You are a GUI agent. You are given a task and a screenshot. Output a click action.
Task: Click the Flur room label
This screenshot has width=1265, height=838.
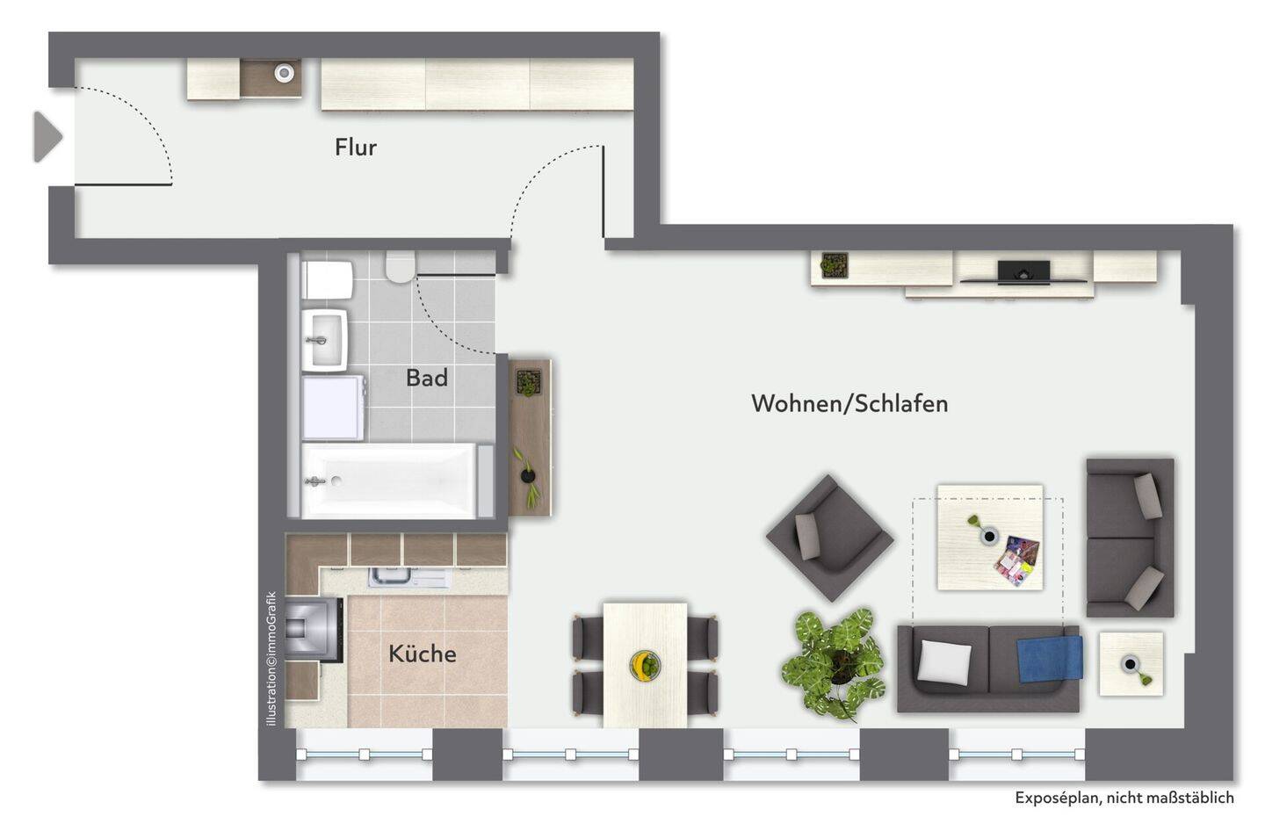point(355,148)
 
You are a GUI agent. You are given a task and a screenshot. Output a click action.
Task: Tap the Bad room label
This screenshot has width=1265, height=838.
point(426,378)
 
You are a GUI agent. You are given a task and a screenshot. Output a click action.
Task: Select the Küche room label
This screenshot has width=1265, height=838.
point(423,654)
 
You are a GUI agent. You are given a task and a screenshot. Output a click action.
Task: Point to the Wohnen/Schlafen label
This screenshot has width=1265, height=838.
point(849,403)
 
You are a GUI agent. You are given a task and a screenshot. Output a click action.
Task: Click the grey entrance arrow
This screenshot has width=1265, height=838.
point(47,137)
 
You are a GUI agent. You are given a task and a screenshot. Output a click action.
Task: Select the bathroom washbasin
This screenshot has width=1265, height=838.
point(324,339)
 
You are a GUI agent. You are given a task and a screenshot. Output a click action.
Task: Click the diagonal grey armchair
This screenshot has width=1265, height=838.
point(829,538)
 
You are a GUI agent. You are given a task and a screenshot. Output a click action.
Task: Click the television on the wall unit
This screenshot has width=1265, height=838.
point(1023,271)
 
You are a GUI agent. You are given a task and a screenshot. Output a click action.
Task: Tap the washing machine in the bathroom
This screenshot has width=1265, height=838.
point(333,408)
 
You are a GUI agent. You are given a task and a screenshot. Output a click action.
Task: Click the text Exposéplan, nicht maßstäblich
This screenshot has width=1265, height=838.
point(1124,798)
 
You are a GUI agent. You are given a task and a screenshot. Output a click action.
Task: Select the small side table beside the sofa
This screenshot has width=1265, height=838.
point(1131,664)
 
